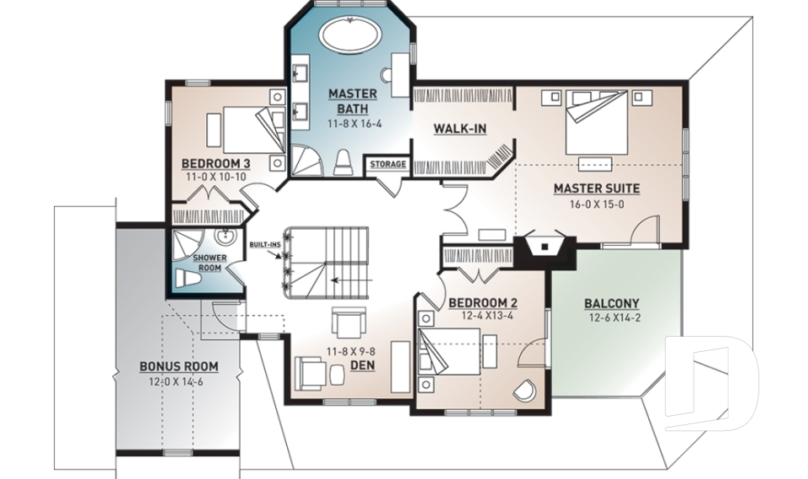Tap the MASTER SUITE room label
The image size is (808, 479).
[x=597, y=189]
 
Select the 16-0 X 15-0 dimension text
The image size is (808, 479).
[x=597, y=205]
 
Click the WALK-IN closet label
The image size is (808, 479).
[x=460, y=129]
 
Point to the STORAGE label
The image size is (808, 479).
[x=388, y=164]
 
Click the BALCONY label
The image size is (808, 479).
[x=612, y=303]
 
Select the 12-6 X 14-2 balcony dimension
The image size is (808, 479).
[x=614, y=318]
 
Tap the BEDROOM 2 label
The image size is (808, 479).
[x=483, y=303]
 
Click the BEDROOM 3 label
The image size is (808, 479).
[x=216, y=164]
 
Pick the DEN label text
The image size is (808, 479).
[x=363, y=365]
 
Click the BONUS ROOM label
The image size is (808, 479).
[x=178, y=366]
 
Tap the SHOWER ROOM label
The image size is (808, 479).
[x=210, y=263]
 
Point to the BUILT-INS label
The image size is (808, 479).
[x=265, y=244]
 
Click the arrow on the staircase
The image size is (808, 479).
[x=352, y=280]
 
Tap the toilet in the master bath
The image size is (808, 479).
[x=343, y=163]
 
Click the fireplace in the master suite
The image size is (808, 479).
[x=545, y=248]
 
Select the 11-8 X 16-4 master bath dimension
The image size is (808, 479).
[x=354, y=124]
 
